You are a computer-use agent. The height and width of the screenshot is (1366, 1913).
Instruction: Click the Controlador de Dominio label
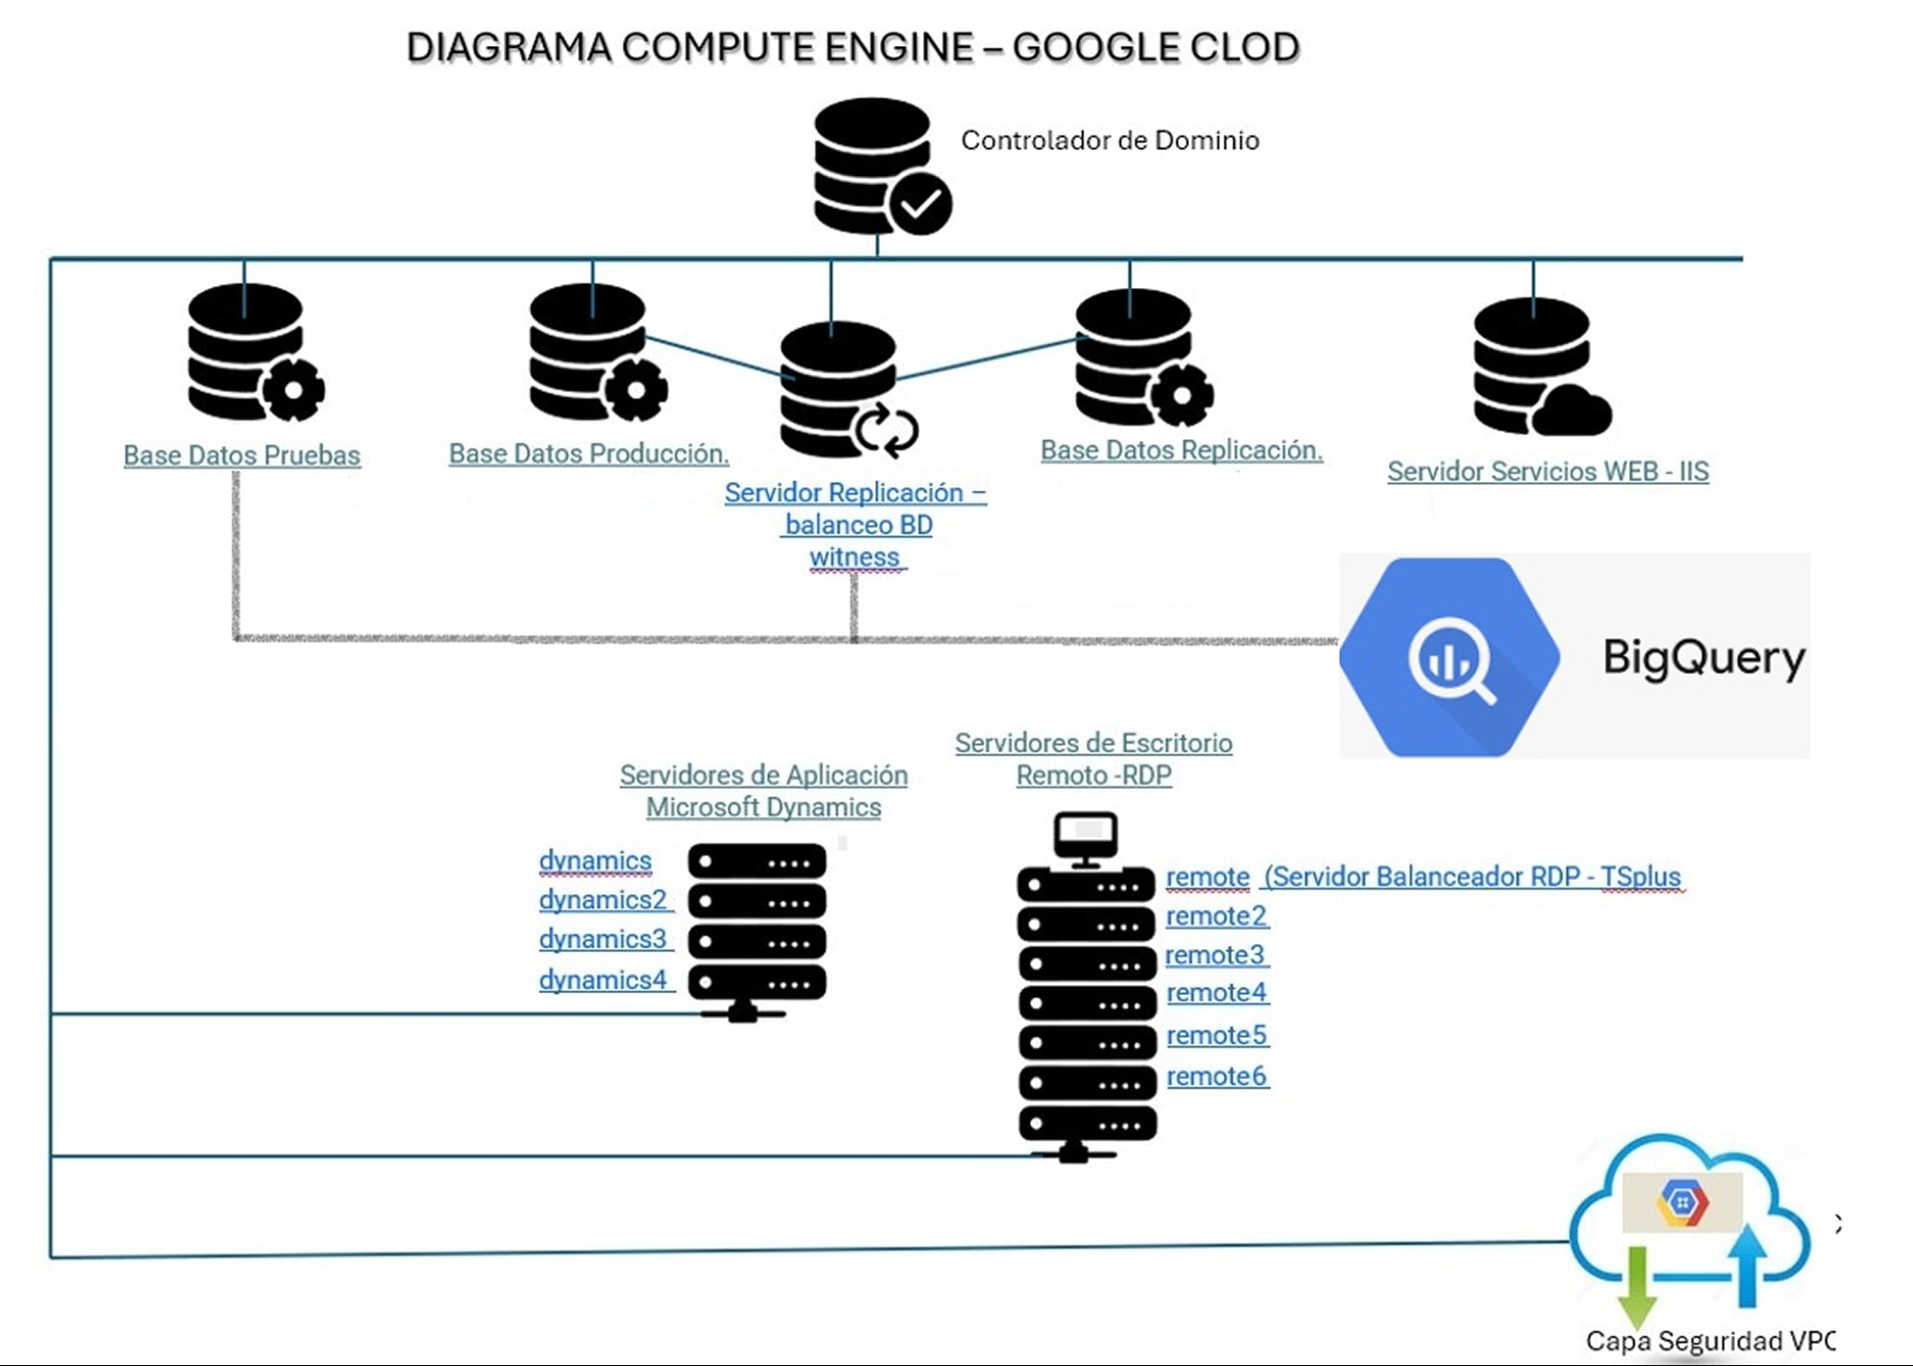click(1110, 141)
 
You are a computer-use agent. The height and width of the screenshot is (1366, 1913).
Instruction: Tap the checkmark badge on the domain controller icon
click(920, 203)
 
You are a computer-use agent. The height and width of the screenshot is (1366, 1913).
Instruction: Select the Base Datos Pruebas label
click(242, 455)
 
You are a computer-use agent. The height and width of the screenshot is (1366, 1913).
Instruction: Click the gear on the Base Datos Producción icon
click(635, 388)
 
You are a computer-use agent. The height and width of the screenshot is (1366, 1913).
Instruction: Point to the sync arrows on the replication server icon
click(887, 430)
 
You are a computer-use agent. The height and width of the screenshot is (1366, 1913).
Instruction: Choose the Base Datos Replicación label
click(1181, 451)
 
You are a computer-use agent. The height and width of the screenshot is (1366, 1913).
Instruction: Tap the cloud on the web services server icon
click(1573, 411)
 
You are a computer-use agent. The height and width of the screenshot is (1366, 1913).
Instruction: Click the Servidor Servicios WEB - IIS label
click(1548, 472)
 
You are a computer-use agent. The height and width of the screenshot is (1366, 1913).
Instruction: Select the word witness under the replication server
click(854, 557)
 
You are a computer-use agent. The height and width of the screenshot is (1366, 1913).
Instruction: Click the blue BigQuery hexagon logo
click(1449, 658)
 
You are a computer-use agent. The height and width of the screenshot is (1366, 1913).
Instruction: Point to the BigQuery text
click(1704, 658)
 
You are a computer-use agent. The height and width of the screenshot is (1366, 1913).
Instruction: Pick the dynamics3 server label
click(603, 939)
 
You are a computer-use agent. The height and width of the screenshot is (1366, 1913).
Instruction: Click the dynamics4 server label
click(603, 980)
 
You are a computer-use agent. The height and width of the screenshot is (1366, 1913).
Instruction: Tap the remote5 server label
click(1217, 1035)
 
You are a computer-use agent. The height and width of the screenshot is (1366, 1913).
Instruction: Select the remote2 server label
click(1217, 916)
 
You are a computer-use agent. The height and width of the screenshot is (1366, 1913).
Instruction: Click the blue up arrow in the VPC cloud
click(1748, 1263)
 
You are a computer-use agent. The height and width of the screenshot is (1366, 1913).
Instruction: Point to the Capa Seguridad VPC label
click(1710, 1341)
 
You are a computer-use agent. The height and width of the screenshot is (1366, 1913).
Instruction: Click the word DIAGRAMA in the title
click(508, 47)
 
